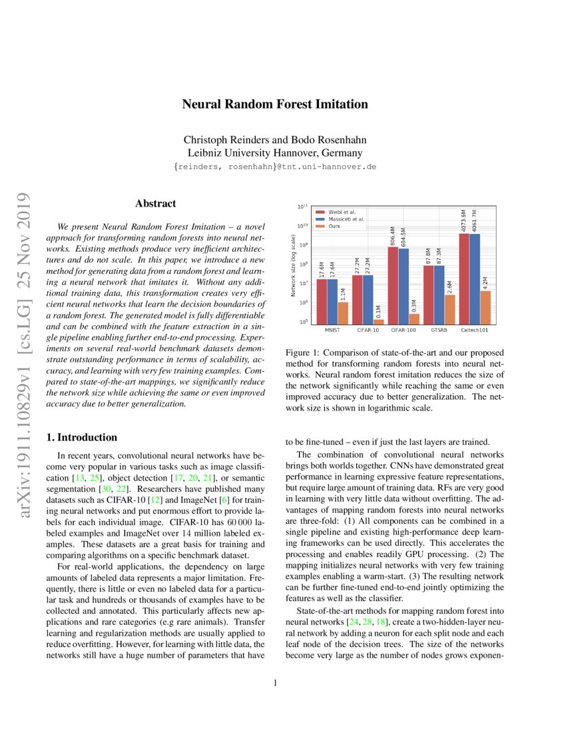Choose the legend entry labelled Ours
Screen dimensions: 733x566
335,226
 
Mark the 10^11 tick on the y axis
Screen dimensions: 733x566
303,208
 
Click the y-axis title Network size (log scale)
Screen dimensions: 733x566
294,266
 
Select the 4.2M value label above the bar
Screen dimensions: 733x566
485,283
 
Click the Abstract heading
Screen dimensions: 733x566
155,204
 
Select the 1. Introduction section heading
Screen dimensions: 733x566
81,438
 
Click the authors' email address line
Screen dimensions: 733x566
274,167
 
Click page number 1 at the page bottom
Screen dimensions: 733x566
274,682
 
